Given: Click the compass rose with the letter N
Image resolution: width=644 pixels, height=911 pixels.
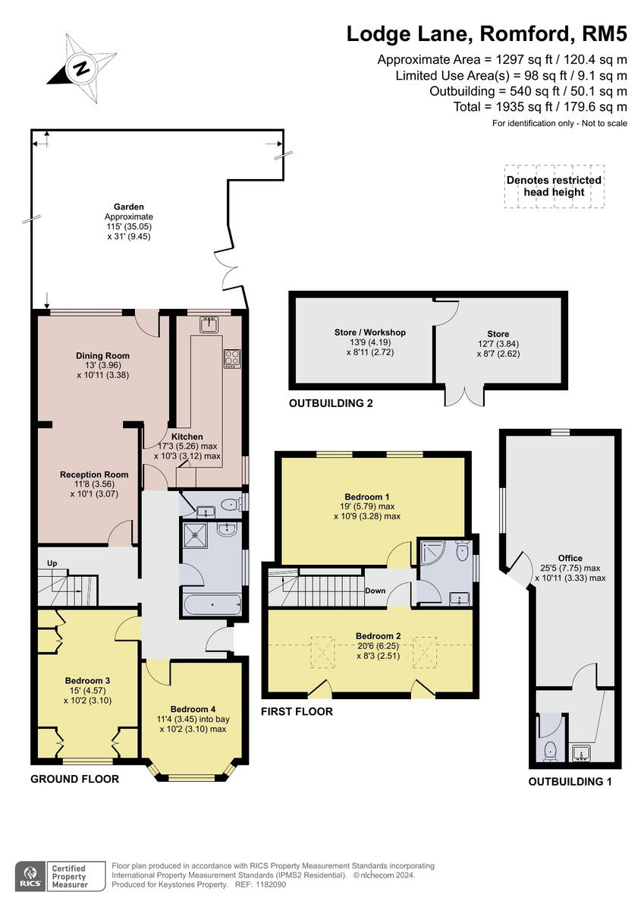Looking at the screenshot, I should pos(80,68).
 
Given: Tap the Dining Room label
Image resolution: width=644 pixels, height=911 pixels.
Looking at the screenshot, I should pos(102,355).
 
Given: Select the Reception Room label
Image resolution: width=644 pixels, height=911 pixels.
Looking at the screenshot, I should pos(94,474).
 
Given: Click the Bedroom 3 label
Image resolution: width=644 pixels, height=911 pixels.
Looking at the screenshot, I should pos(87,680).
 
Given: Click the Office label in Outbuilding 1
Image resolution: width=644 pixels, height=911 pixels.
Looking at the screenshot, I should pos(570,558).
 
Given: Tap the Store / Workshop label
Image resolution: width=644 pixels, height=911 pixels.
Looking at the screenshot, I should pos(369,332).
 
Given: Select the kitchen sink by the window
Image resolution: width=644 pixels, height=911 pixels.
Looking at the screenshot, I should pos(209,325).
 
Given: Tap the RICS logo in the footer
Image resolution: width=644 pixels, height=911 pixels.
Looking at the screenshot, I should pos(31,875).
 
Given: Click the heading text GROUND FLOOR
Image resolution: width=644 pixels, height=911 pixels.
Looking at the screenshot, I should pos(74,779).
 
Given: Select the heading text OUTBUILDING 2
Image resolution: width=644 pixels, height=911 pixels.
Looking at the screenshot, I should pos(331,403).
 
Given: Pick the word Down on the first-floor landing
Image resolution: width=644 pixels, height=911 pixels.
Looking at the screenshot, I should pos(375,591).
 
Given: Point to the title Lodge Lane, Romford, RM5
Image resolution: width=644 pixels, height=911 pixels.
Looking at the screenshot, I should pos(487,34).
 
